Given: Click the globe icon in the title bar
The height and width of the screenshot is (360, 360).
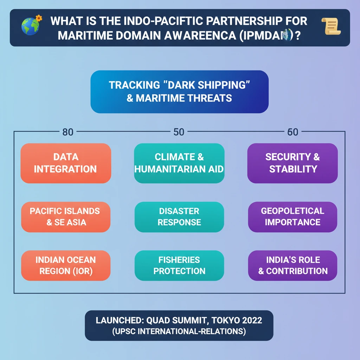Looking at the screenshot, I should click(x=31, y=27).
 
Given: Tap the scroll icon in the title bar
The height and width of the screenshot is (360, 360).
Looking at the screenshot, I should click(x=330, y=27).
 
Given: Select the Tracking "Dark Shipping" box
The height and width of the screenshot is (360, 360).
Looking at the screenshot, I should click(x=179, y=91).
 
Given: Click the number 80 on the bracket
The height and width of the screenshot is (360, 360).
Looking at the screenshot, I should click(x=68, y=132).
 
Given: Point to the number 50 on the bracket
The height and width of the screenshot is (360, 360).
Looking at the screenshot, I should click(x=179, y=132).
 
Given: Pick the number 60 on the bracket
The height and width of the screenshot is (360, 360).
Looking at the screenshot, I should click(x=292, y=132).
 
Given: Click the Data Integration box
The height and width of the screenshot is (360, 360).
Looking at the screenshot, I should click(x=66, y=163).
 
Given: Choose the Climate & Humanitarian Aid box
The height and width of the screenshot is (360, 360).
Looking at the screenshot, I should click(x=179, y=163).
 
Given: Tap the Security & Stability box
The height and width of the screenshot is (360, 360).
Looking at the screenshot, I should click(x=292, y=163).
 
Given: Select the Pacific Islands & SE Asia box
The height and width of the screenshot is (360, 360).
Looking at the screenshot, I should click(x=66, y=217).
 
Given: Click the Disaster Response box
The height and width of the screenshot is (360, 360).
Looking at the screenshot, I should click(x=179, y=217).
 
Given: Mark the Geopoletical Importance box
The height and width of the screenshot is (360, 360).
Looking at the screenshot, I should click(x=292, y=217).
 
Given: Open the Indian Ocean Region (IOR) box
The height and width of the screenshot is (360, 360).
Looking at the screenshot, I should click(x=66, y=265).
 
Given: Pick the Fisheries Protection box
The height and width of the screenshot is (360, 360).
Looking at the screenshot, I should click(x=179, y=265).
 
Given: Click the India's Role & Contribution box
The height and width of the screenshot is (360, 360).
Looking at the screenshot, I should click(x=292, y=265).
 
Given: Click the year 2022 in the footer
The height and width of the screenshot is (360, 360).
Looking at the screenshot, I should click(x=252, y=321).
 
